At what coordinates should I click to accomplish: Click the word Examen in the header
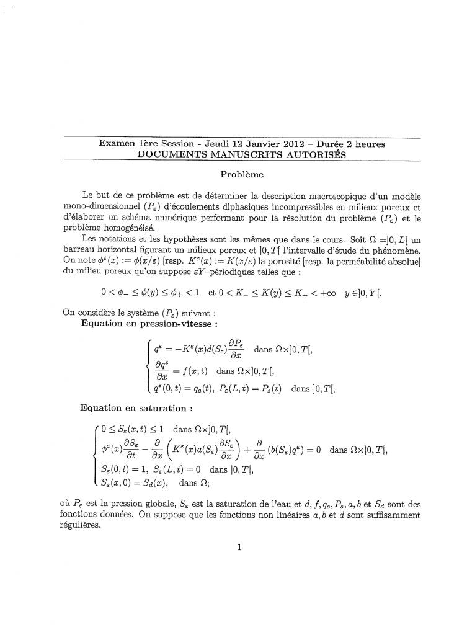[117, 144]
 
